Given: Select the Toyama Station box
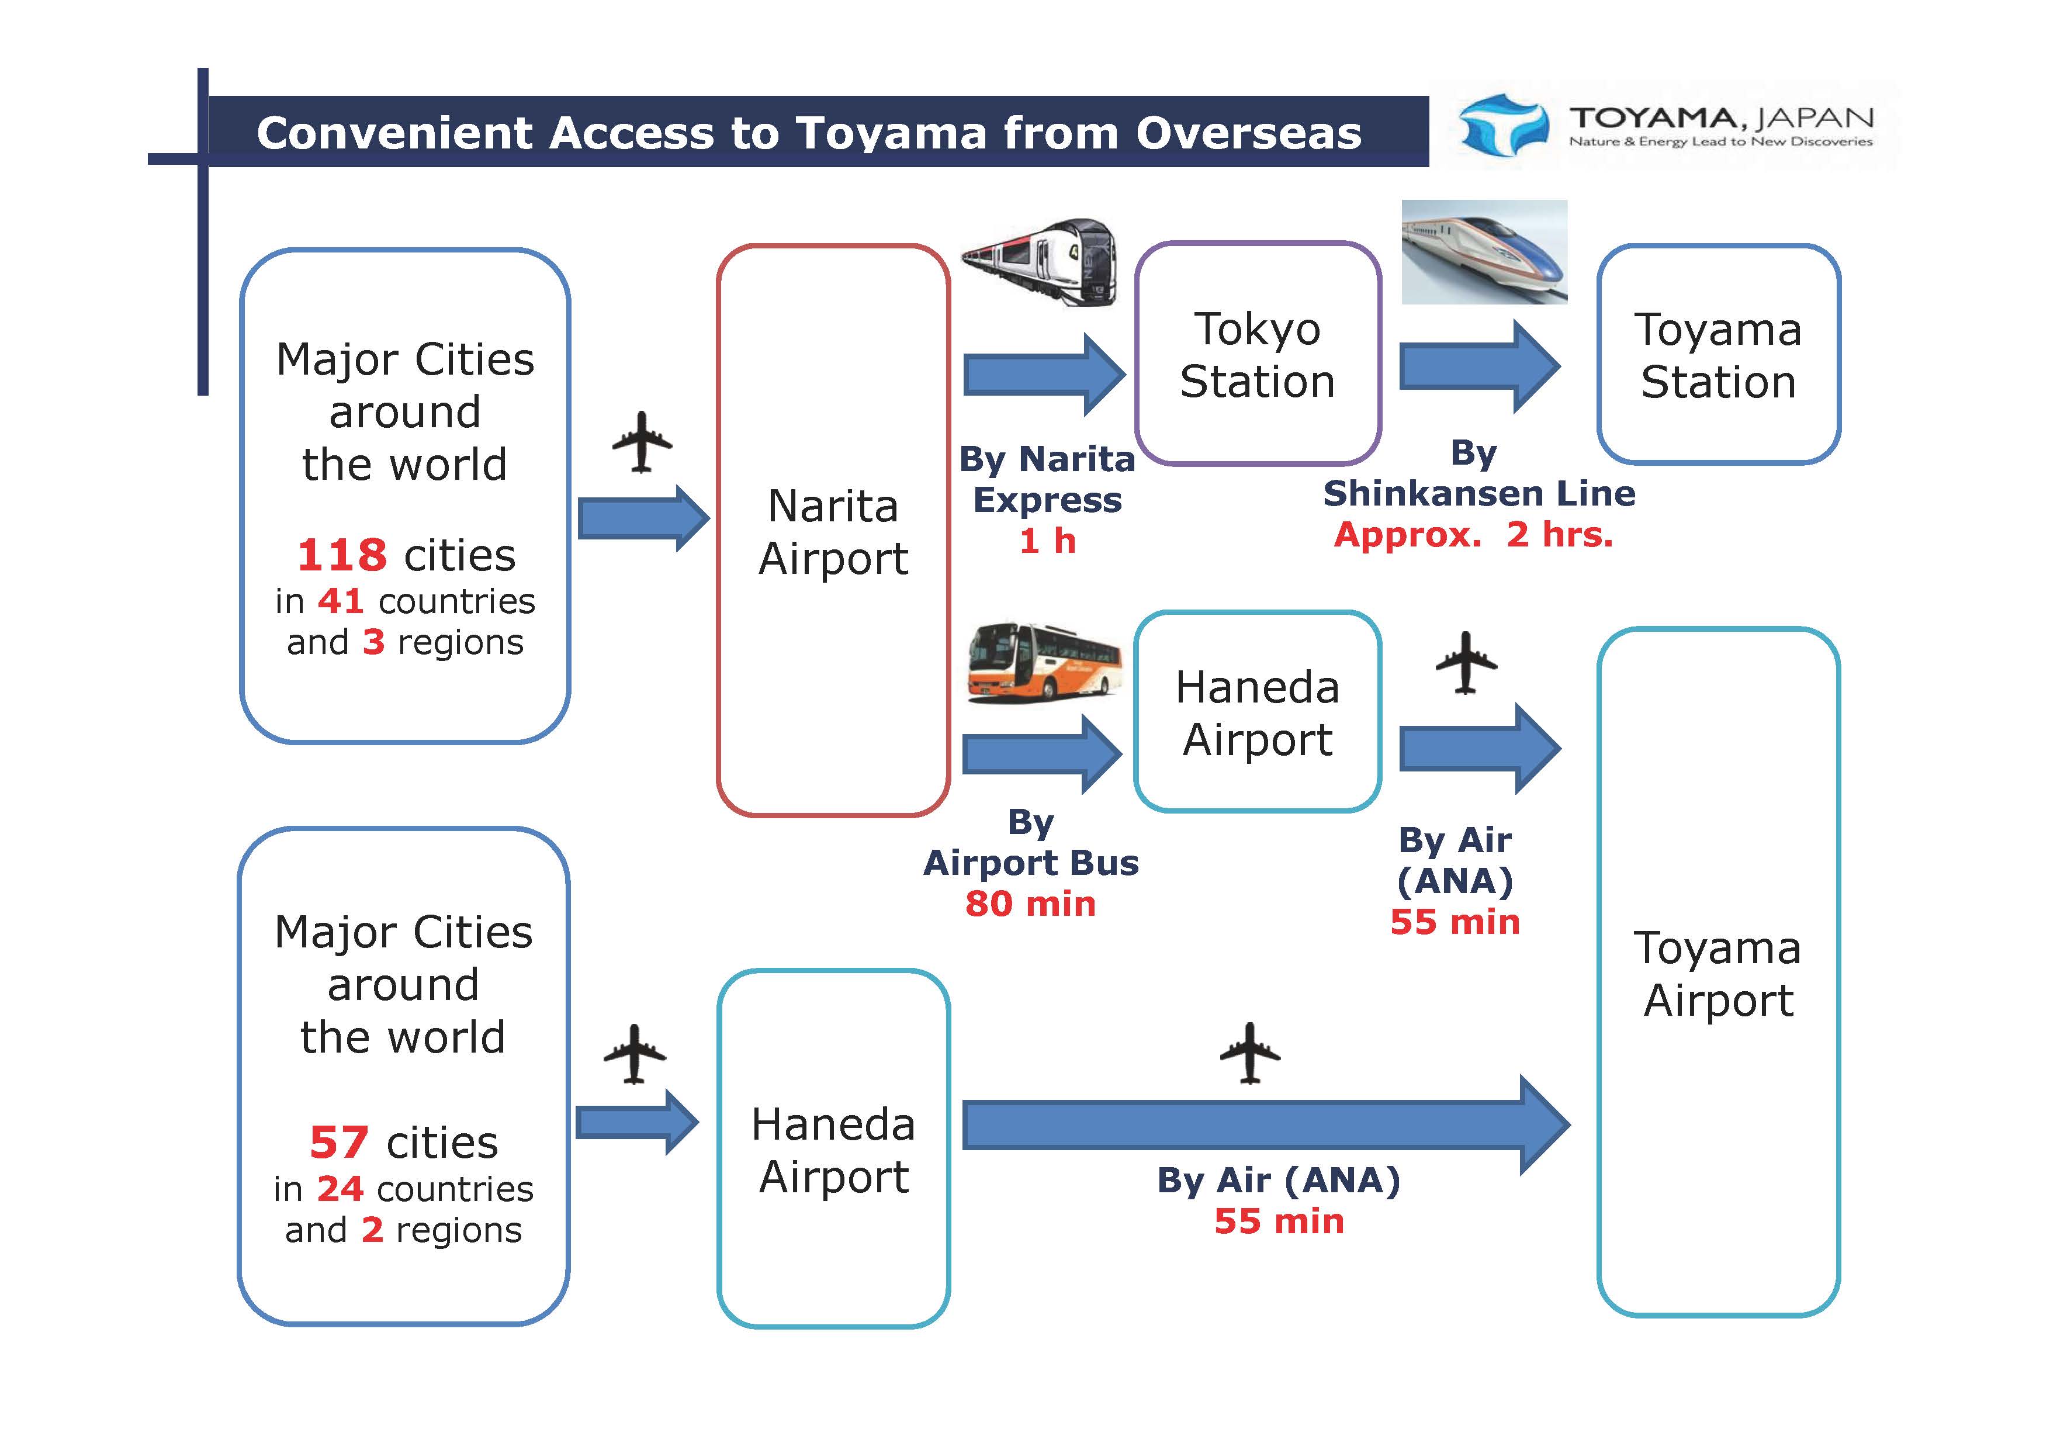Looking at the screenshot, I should tap(1718, 355).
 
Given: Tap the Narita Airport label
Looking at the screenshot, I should tap(833, 532).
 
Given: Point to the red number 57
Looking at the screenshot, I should tap(340, 1143).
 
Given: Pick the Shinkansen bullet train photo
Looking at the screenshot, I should tap(1484, 252).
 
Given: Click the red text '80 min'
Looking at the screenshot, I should tap(1030, 904).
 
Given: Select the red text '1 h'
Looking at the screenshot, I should tap(1047, 540).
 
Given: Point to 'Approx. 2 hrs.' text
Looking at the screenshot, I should tap(1473, 535).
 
